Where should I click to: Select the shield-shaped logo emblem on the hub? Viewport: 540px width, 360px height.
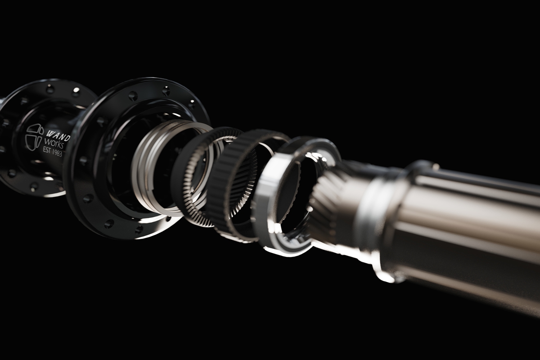pos(34,137)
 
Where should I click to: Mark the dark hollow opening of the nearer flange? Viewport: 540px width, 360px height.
pos(121,153)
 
